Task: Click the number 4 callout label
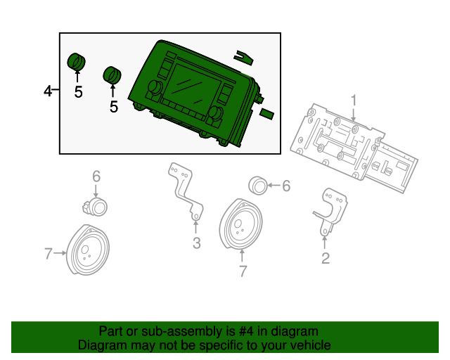point(48,91)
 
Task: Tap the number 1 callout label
point(354,100)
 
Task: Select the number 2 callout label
point(325,259)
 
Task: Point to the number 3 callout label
point(196,244)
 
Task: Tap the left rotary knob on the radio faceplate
point(153,89)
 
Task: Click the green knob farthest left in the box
point(75,61)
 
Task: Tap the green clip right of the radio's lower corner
point(267,113)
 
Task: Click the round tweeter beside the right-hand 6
point(259,186)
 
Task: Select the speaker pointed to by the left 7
point(88,250)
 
